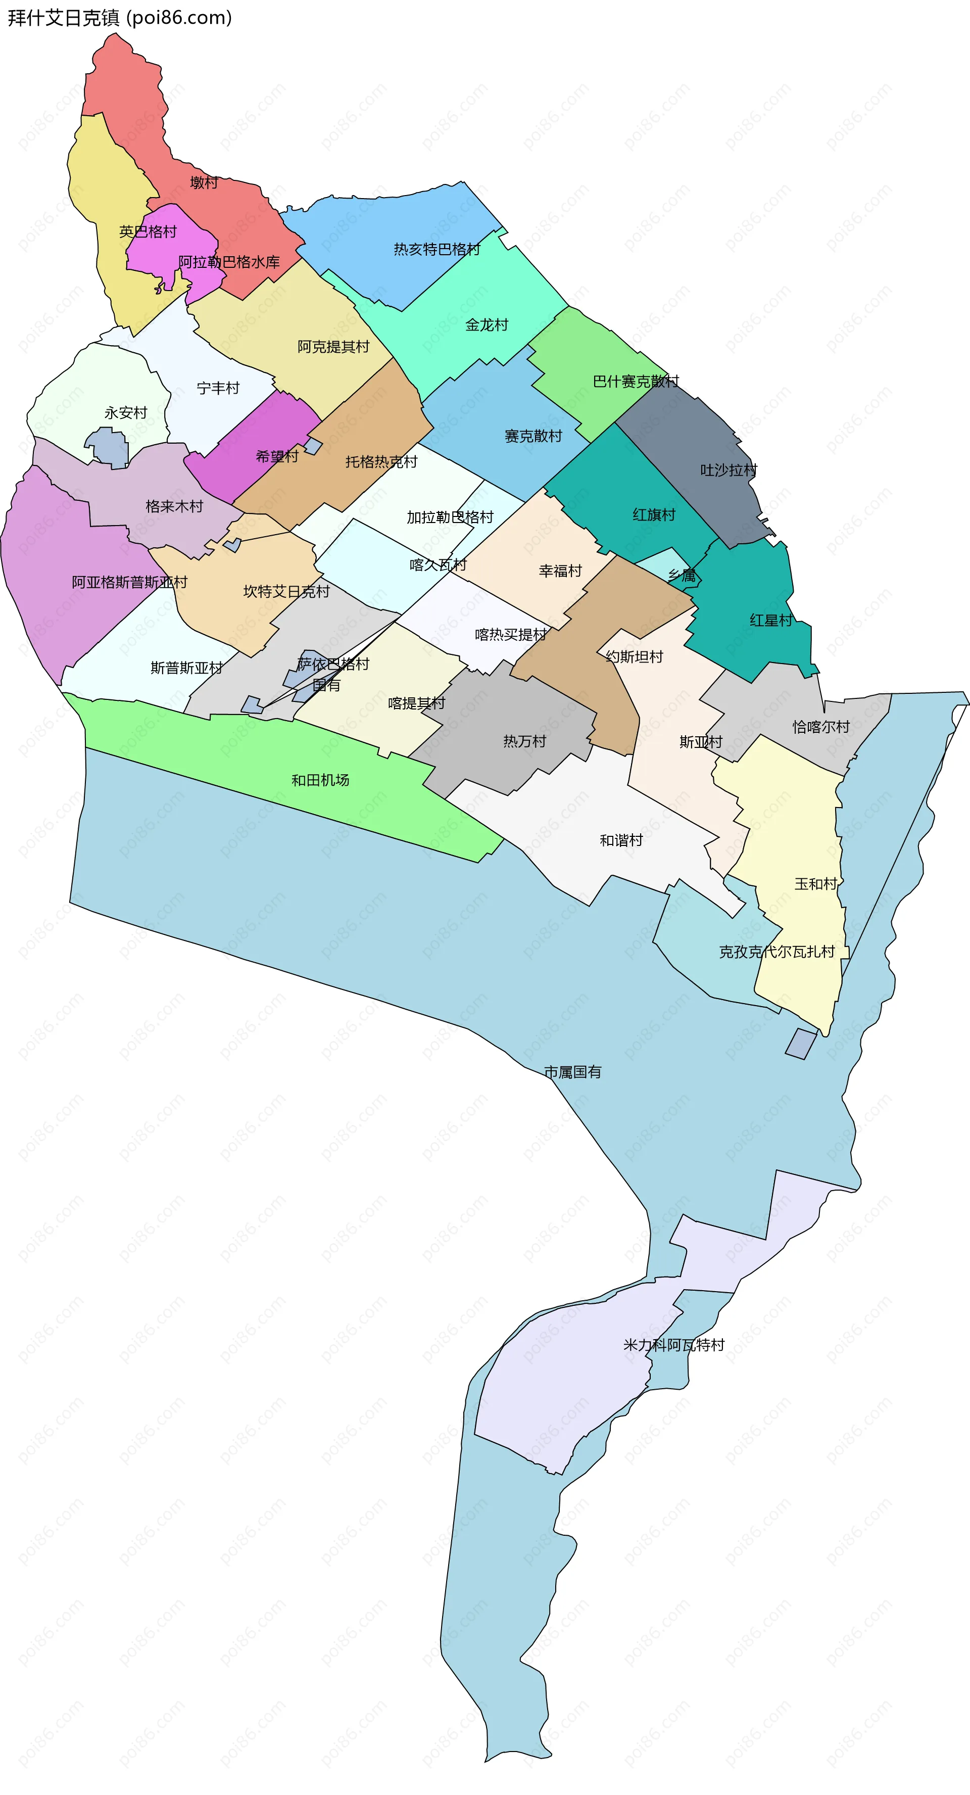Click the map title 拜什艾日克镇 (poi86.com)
click(119, 18)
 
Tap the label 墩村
click(204, 182)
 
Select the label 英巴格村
click(148, 231)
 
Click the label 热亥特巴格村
click(437, 250)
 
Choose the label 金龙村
click(487, 325)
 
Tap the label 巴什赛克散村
click(636, 381)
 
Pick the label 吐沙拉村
click(728, 470)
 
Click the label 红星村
click(771, 620)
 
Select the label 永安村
click(126, 412)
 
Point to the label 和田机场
click(320, 780)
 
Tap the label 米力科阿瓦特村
click(674, 1345)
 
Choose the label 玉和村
click(815, 883)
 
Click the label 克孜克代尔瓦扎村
click(777, 952)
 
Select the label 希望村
click(277, 456)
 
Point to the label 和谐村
click(621, 840)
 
